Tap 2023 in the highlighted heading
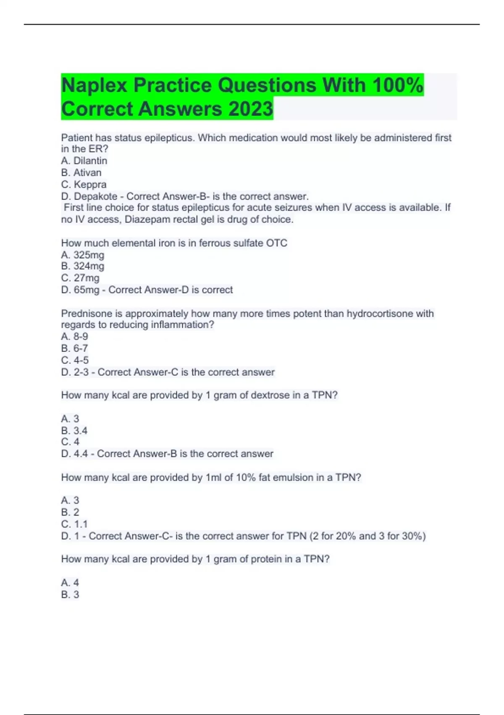[251, 109]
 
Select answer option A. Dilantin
[84, 161]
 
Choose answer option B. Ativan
[81, 172]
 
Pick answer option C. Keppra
[84, 184]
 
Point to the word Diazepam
[144, 220]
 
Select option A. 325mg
[83, 255]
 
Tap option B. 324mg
[83, 266]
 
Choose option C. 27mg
[80, 278]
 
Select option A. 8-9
[75, 336]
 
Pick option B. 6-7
[75, 348]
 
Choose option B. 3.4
[74, 431]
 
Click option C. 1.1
[74, 524]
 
